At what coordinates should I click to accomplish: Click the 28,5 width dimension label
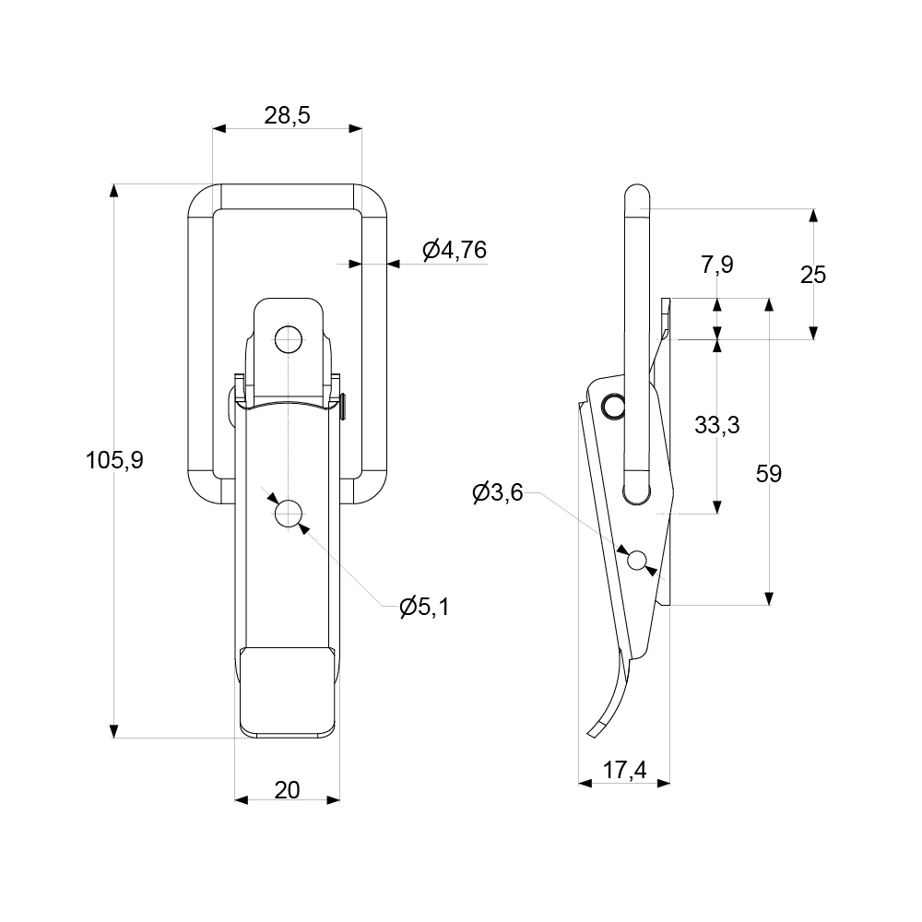click(287, 115)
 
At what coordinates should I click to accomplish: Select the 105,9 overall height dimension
click(114, 460)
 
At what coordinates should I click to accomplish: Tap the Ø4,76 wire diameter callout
click(454, 250)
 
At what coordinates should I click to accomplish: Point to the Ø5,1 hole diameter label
click(424, 607)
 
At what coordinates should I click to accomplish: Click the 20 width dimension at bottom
click(287, 790)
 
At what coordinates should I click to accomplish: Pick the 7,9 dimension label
click(716, 266)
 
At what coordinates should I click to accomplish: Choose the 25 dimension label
click(812, 275)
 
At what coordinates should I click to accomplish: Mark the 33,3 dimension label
click(716, 425)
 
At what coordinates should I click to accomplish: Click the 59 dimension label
click(768, 474)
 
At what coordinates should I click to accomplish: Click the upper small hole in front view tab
click(289, 340)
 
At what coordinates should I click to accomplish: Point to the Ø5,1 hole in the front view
click(289, 514)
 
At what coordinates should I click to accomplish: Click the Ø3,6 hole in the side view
click(635, 559)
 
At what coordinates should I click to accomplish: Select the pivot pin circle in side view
click(611, 405)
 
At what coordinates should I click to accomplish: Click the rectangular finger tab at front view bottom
click(287, 691)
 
